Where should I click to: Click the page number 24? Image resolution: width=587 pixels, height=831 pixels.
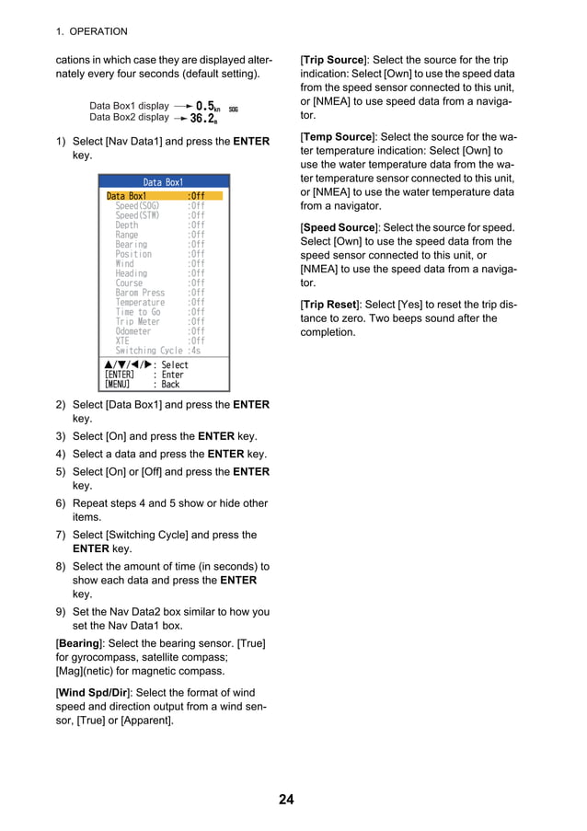286,799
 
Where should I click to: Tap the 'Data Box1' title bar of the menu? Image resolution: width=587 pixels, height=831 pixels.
163,182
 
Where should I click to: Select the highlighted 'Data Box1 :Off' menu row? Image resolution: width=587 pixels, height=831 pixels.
163,196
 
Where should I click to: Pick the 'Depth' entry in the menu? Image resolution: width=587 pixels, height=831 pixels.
127,225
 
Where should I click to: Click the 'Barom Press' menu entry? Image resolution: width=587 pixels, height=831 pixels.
140,293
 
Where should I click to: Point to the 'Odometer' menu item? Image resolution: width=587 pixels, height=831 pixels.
133,331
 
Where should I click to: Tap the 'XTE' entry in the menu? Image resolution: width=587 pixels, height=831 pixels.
122,340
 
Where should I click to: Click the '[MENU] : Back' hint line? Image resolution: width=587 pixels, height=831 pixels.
143,385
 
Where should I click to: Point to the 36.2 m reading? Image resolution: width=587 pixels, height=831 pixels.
203,119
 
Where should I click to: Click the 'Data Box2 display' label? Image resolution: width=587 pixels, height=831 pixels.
129,118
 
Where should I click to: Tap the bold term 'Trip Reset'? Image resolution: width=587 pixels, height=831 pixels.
332,305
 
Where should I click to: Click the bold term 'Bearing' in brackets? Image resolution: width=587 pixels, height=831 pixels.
79,642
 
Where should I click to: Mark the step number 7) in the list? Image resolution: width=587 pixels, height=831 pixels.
61,535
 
